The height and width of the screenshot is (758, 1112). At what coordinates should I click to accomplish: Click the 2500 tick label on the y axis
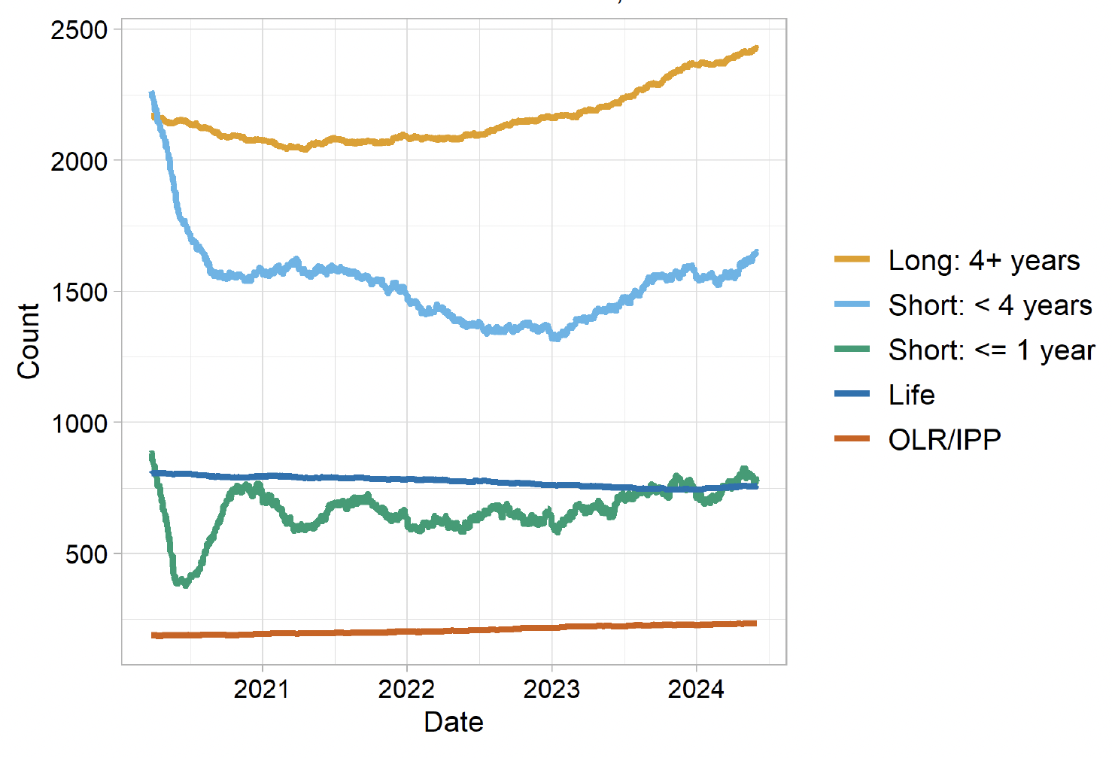(79, 31)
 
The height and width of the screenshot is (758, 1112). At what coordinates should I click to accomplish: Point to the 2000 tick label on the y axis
(79, 162)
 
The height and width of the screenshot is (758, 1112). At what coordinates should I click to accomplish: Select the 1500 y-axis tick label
(79, 293)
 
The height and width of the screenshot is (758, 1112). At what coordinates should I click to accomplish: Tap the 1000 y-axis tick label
(79, 423)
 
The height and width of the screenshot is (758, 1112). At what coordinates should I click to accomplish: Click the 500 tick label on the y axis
(86, 555)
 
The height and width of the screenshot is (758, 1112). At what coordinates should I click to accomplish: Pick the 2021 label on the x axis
(262, 689)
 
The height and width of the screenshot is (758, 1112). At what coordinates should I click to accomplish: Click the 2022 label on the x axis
(406, 689)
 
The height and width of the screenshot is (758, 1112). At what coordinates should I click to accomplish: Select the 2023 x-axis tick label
(551, 689)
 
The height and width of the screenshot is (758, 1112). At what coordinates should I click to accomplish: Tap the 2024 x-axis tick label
(696, 689)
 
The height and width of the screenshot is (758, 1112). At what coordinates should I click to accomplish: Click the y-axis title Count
(29, 341)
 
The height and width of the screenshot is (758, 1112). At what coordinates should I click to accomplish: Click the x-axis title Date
(454, 722)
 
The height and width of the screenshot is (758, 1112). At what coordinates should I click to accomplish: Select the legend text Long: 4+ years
(983, 261)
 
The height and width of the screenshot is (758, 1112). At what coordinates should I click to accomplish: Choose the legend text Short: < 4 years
(989, 306)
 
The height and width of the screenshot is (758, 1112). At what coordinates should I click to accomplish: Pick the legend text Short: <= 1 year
(991, 350)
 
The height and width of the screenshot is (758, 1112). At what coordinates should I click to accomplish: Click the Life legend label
(911, 395)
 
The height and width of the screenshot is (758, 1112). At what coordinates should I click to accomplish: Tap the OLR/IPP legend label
(944, 440)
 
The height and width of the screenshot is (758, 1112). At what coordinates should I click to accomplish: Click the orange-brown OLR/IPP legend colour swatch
(852, 439)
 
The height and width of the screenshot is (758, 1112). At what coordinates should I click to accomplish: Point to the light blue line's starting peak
(152, 93)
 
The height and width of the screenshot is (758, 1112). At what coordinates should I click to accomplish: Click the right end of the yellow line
(755, 48)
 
